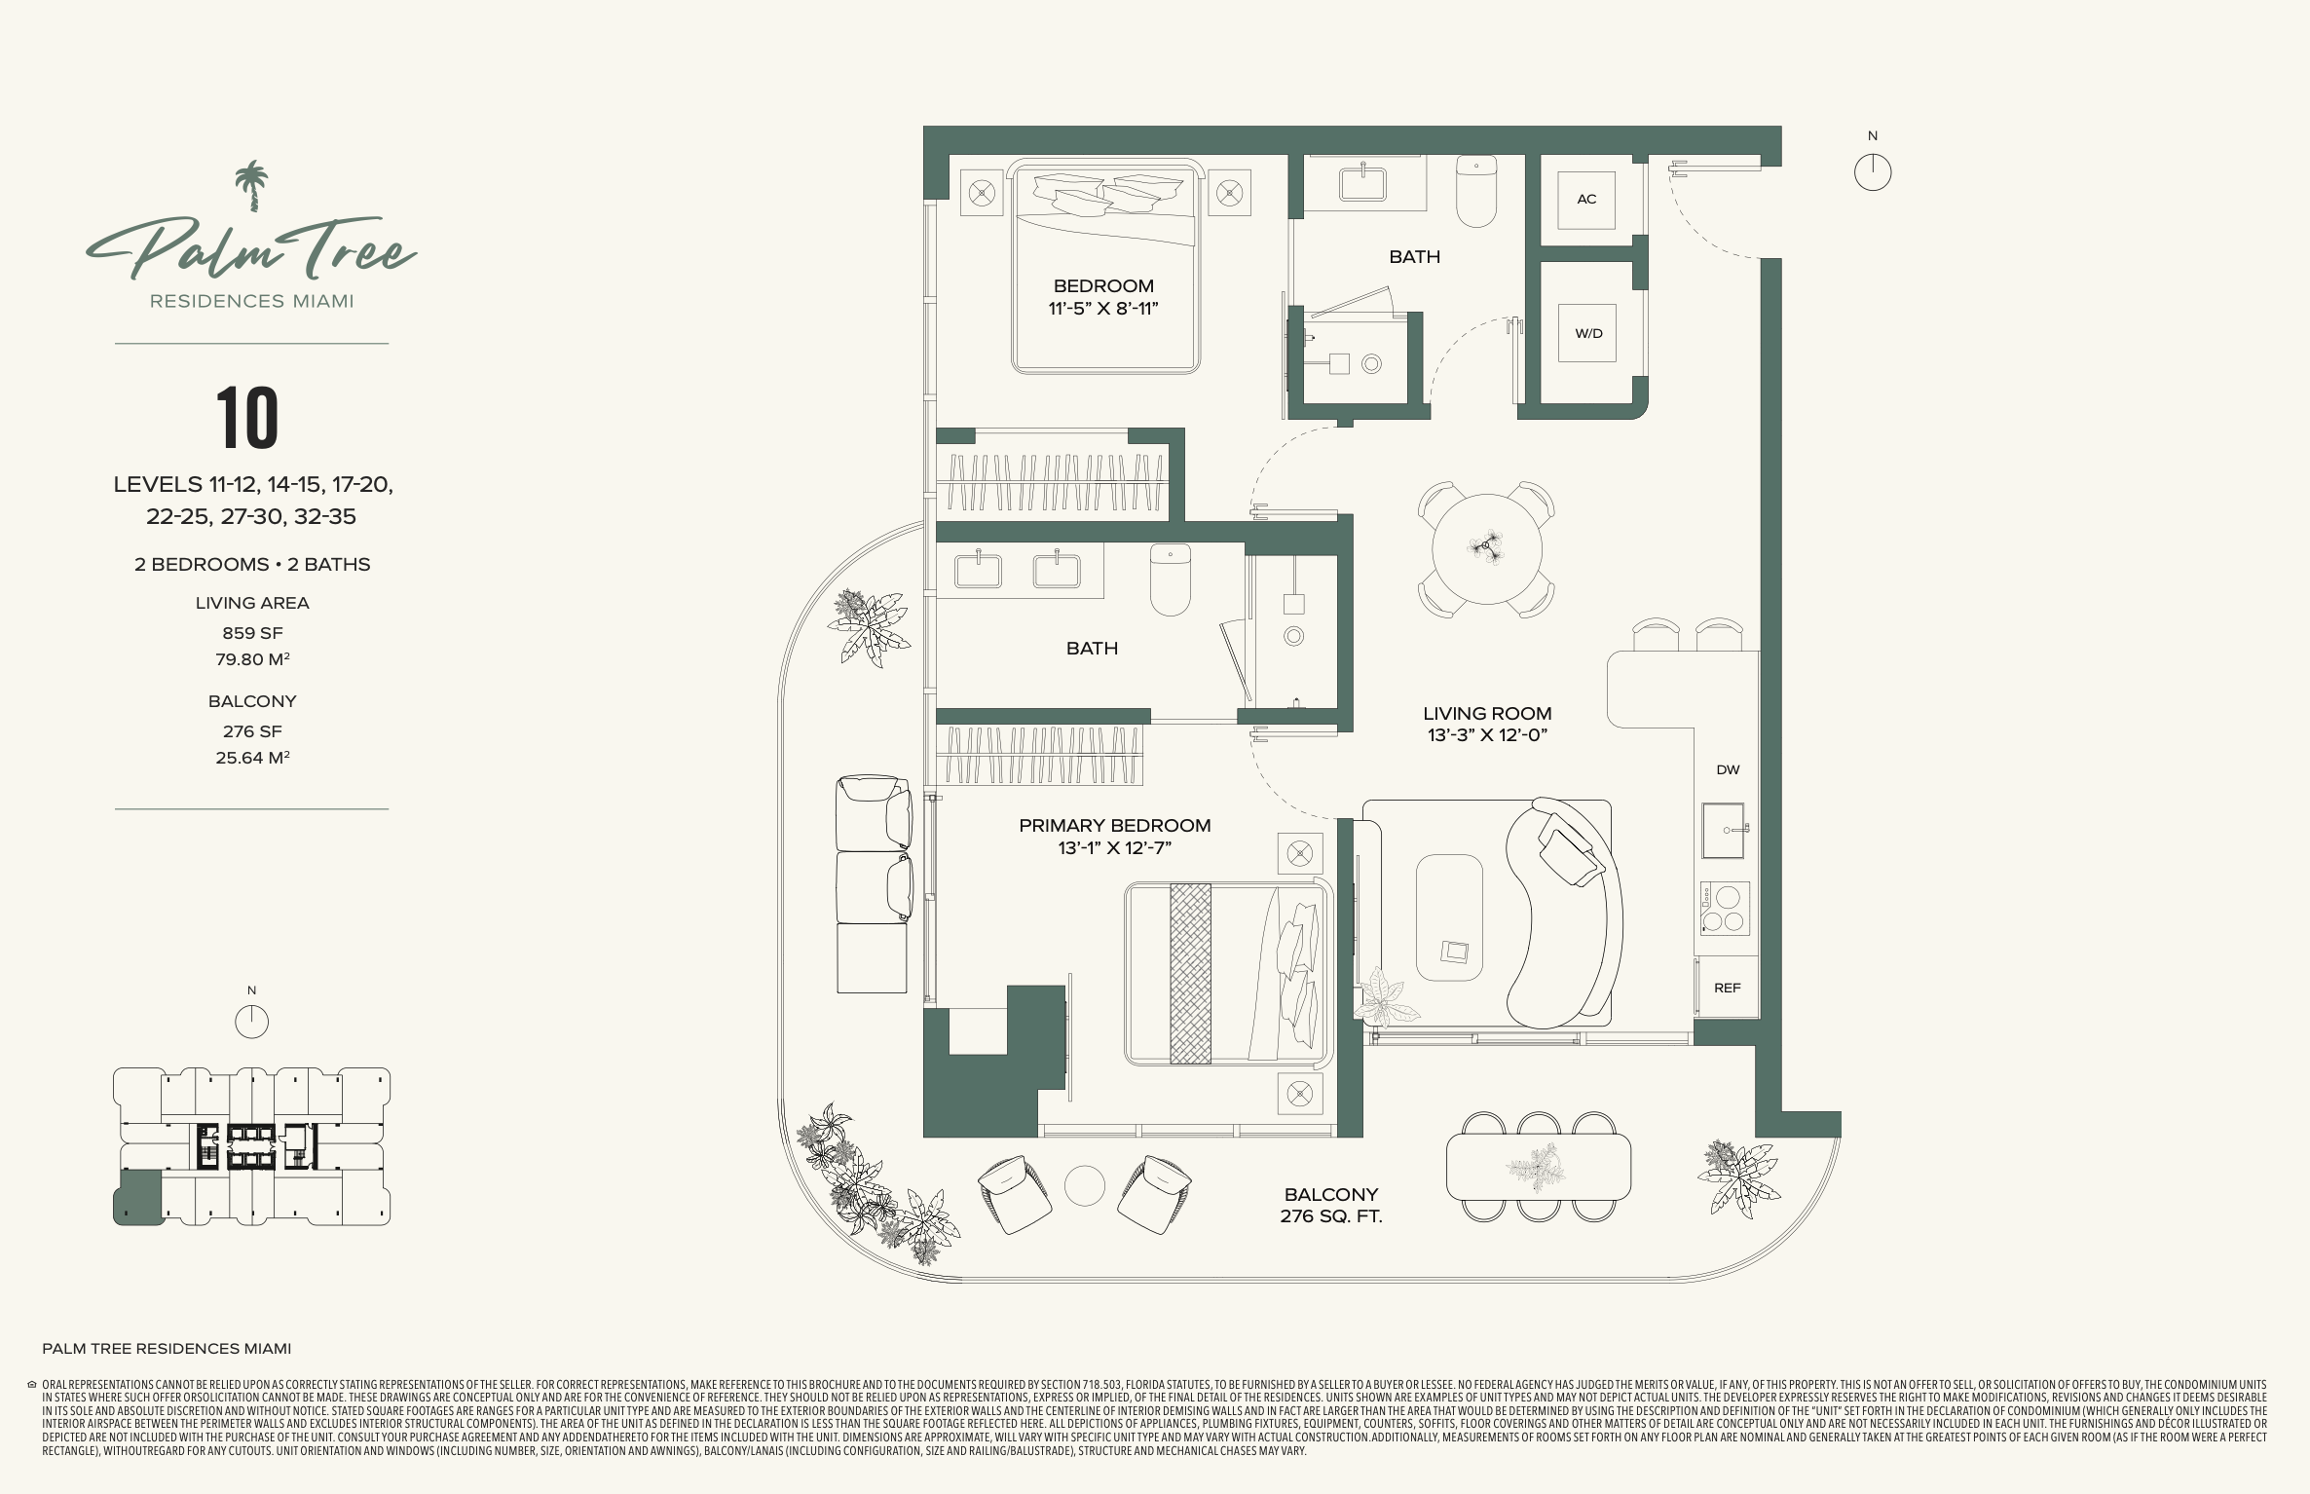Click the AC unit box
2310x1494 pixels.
coord(1586,200)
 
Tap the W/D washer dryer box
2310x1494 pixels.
coord(1587,333)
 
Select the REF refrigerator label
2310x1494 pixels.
coord(1727,988)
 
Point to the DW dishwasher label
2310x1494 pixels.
coord(1728,769)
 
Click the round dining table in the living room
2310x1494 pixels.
coord(1486,548)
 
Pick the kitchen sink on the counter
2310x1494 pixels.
coord(1723,831)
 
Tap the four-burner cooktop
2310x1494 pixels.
coord(1725,909)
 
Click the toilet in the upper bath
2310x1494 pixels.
coord(1476,191)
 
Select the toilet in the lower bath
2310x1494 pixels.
coord(1170,579)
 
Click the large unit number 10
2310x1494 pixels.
coord(247,418)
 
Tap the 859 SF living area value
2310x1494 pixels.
coord(252,633)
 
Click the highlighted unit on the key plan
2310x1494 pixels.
coord(138,1197)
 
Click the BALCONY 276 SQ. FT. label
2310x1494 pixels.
coord(1331,1205)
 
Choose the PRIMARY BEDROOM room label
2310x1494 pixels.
coord(1115,825)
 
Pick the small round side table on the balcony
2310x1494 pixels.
coord(1084,1186)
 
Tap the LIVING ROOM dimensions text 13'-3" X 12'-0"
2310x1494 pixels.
coord(1487,735)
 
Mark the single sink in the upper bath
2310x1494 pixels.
coord(1362,183)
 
